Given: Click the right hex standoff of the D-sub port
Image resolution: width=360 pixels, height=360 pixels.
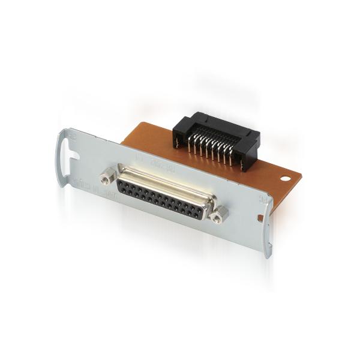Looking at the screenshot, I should [218, 212].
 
